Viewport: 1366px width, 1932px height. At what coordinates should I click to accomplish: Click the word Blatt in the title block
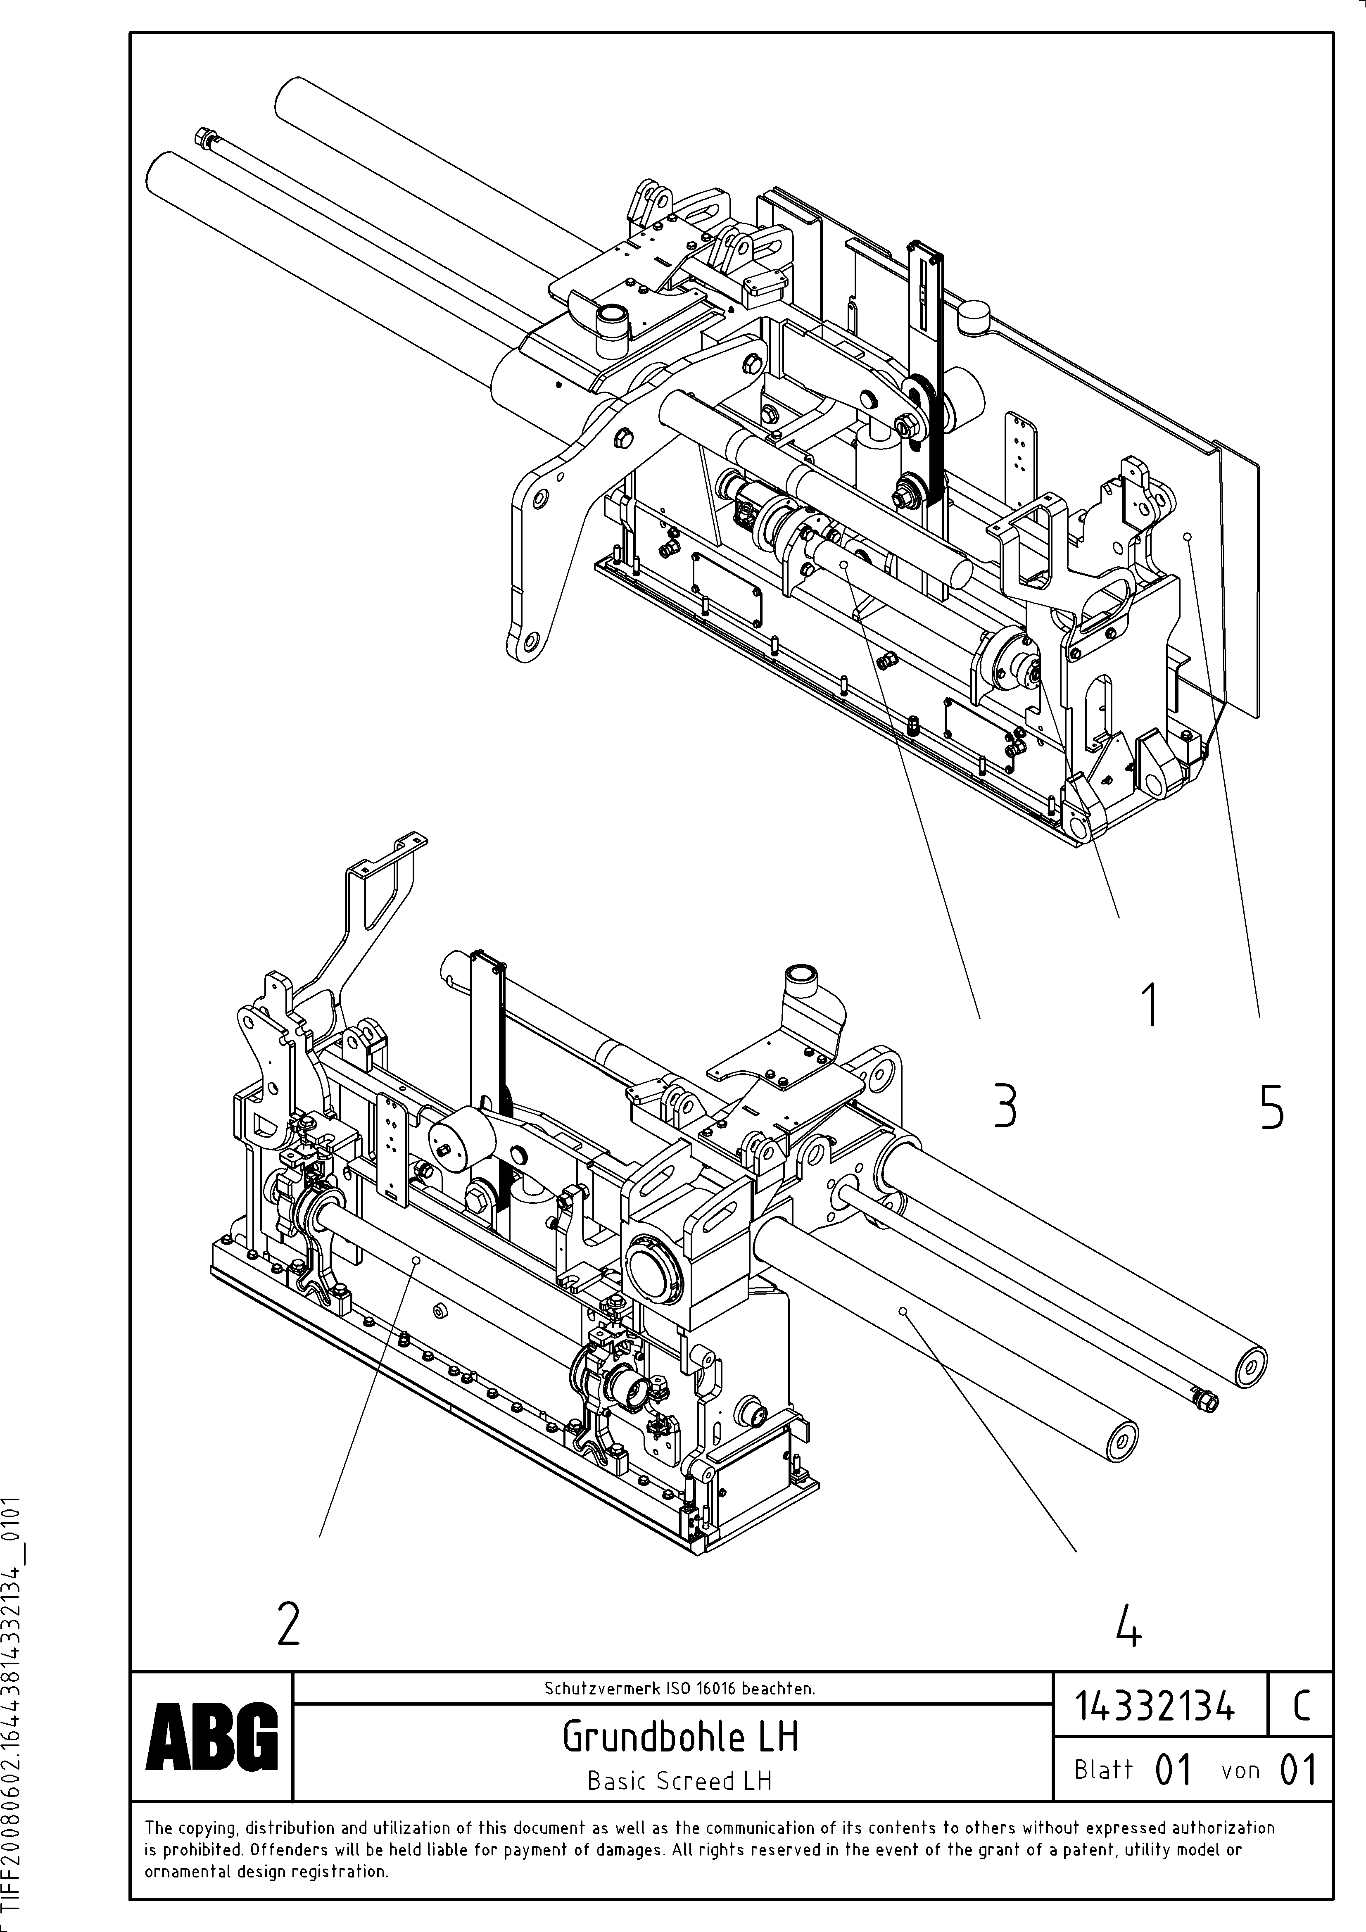click(x=1102, y=1770)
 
